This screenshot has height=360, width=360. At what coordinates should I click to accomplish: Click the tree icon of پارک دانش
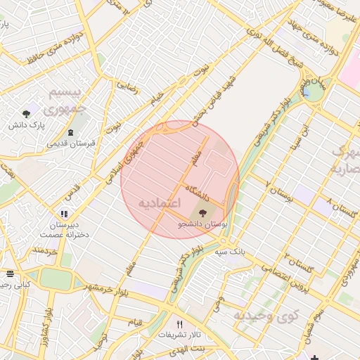click(27, 113)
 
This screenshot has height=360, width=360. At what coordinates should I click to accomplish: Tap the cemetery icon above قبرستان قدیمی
click(70, 132)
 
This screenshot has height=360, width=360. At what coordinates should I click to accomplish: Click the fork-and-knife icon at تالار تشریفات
click(179, 324)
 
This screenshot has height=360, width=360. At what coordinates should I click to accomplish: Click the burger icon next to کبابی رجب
click(10, 274)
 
